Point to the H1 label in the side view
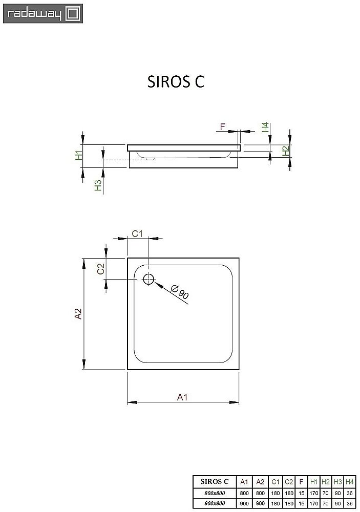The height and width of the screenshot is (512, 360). [x=78, y=156]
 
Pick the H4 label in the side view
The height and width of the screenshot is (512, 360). [x=265, y=127]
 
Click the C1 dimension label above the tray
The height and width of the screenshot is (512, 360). [x=137, y=233]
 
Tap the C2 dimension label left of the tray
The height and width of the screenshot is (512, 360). [x=101, y=268]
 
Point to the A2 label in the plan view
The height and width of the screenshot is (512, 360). [x=78, y=313]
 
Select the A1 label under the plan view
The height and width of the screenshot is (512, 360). [x=182, y=396]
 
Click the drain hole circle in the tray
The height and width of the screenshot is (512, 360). [x=148, y=279]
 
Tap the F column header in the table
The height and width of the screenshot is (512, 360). [x=302, y=481]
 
